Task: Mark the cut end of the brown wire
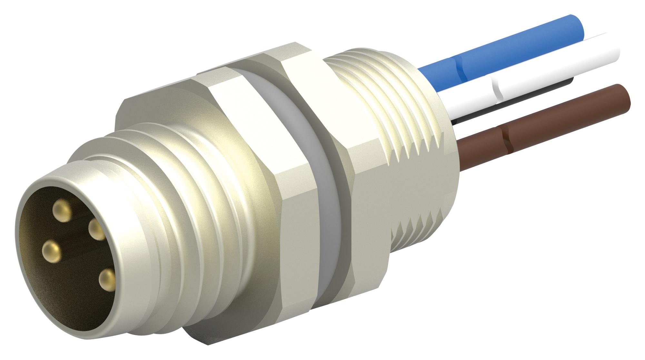click(x=621, y=95)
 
